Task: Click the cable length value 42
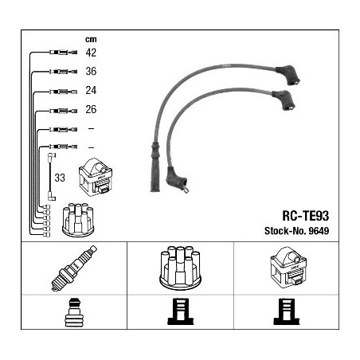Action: point(91,53)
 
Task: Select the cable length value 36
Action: point(91,71)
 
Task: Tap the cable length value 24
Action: point(91,90)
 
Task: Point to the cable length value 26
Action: point(91,109)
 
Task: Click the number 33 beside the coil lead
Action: point(60,178)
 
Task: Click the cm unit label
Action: point(91,39)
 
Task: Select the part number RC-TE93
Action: point(306,216)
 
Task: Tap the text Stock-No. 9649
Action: point(296,231)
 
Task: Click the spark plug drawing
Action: point(74,268)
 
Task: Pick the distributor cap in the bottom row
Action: point(180,268)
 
